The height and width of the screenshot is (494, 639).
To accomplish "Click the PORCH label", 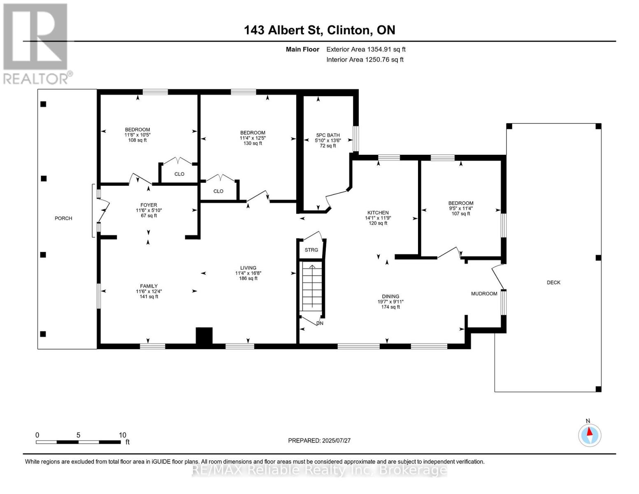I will click(x=63, y=218).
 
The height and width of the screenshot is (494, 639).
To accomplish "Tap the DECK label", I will click(x=553, y=282).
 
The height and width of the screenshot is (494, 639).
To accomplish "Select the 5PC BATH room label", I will click(x=328, y=135).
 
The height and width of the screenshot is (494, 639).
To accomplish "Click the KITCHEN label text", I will click(x=378, y=213).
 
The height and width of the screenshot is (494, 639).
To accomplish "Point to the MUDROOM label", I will click(x=484, y=294).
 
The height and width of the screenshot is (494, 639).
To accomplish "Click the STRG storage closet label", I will click(x=311, y=250).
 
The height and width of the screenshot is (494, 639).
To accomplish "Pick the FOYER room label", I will click(x=149, y=205).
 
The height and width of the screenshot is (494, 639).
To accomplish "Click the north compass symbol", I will click(x=590, y=435).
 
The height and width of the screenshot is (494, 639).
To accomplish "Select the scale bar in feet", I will click(x=78, y=442).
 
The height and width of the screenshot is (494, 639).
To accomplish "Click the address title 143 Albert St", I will click(x=319, y=30).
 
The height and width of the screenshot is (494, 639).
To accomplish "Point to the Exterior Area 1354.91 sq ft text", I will click(x=366, y=49).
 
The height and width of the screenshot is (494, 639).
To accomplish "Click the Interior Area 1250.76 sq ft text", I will click(x=365, y=60).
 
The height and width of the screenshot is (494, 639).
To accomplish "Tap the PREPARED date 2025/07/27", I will click(x=319, y=440).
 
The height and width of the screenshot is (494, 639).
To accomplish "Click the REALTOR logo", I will click(x=36, y=43).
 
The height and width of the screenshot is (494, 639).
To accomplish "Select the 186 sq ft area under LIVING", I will click(x=248, y=278).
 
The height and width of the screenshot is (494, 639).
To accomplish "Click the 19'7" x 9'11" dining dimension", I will click(x=390, y=301).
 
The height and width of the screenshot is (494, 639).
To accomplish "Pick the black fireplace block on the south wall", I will click(x=204, y=335).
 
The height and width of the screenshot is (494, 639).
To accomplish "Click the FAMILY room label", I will click(x=149, y=286).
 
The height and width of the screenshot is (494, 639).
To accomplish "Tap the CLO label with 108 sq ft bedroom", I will click(x=179, y=174).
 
